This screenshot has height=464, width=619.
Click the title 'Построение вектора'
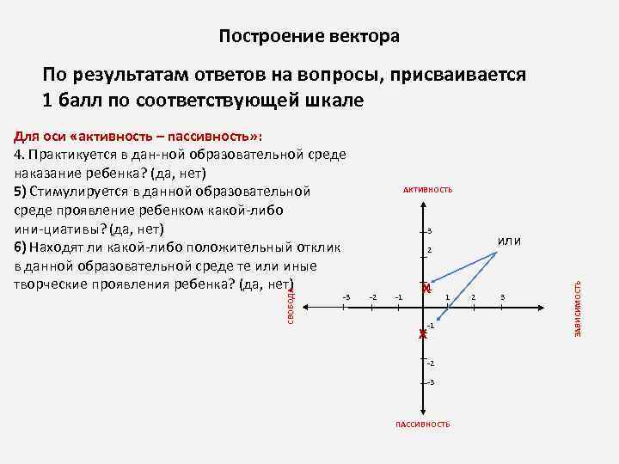tap(309, 37)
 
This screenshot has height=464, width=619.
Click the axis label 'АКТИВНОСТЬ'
tap(426, 189)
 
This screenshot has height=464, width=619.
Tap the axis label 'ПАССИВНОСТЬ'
tap(422, 424)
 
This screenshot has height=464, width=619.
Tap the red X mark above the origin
tap(426, 290)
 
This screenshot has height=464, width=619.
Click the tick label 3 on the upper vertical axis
tap(430, 230)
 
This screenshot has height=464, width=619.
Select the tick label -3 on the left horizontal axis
tap(346, 296)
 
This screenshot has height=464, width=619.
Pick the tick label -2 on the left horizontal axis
tap(372, 296)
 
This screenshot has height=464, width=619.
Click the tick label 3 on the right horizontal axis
tap(503, 296)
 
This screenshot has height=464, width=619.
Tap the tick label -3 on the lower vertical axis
tap(431, 382)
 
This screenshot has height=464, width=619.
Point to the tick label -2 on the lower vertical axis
tap(431, 363)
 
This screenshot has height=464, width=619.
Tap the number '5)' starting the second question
tap(21, 190)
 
